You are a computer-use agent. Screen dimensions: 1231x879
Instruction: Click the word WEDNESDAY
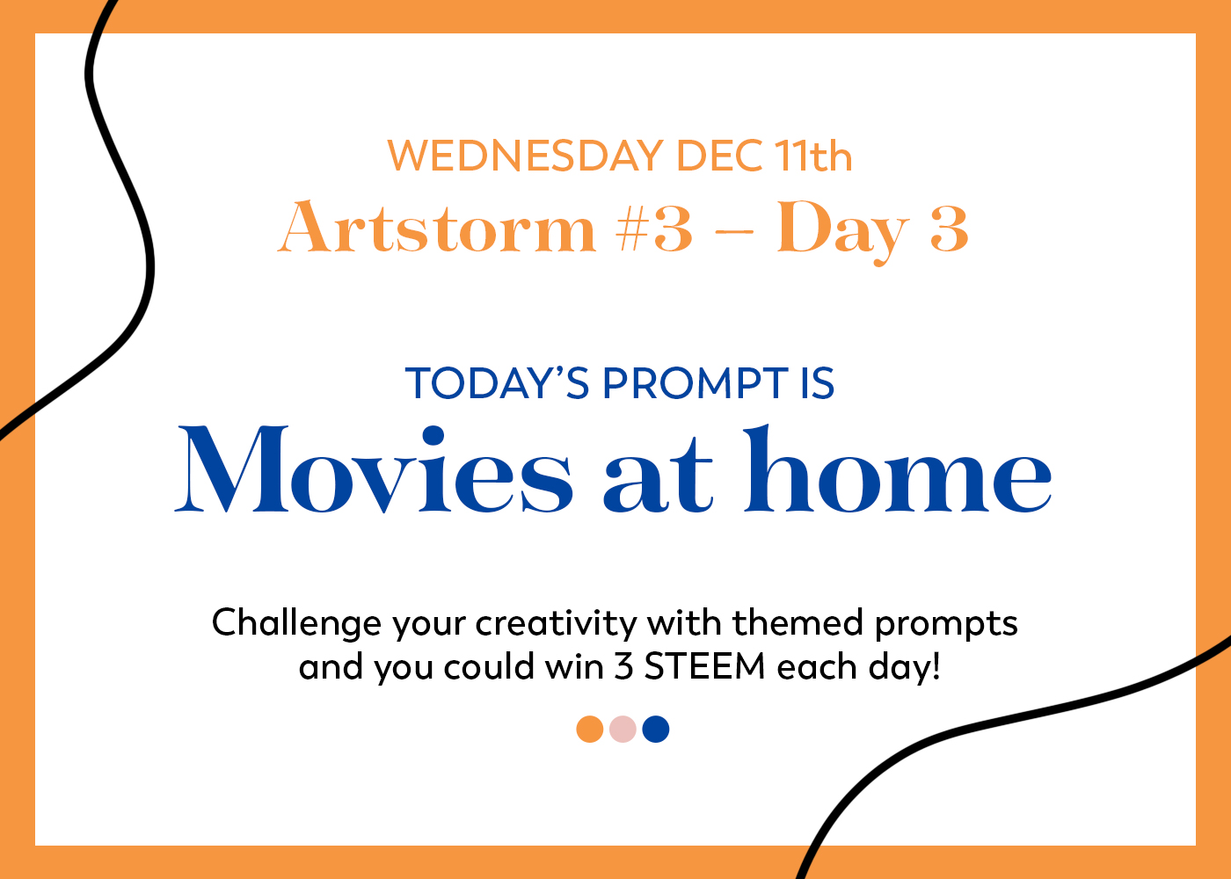526,156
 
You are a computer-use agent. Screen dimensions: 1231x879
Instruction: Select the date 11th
814,156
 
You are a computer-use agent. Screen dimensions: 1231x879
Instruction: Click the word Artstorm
437,227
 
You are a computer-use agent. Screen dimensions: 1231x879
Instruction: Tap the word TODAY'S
497,382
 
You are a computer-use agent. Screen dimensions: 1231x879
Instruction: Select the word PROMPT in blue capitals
696,382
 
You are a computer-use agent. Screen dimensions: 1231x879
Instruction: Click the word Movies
374,469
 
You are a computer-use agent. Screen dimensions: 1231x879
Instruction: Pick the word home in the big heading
898,469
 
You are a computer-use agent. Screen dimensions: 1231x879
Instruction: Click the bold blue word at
659,476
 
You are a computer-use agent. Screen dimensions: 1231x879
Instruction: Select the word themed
798,622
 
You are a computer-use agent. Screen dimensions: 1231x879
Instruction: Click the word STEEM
705,666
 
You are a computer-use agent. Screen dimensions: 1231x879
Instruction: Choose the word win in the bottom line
574,666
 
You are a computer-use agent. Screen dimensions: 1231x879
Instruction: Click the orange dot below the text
590,729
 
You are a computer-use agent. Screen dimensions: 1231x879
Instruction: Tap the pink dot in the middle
623,729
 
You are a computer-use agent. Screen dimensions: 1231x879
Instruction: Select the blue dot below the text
656,729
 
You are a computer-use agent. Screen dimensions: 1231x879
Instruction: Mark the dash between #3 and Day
734,231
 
